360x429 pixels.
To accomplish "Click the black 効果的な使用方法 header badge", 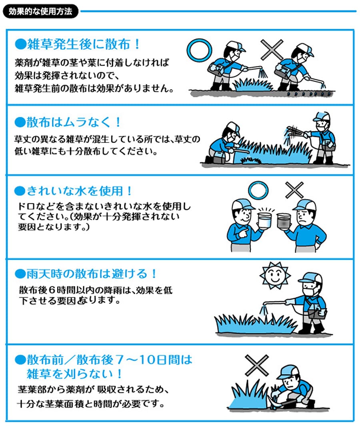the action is coord(40,12).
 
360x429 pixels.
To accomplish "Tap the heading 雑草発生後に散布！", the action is coord(78,44).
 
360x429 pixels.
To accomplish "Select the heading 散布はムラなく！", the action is coord(68,122).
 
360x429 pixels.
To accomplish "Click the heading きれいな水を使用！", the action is coord(74,191).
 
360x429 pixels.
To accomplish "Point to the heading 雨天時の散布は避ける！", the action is coord(86,274).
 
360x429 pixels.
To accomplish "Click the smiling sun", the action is coord(274,275).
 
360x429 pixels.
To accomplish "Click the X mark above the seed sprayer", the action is coord(272,50).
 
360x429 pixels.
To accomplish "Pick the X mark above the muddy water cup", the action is coord(294,190).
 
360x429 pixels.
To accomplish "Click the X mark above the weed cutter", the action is coord(256,365).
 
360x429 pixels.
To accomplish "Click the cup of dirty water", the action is coord(284,221).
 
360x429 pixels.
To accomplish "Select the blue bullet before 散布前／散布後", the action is coord(20,360).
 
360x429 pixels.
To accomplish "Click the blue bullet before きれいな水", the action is coord(20,191).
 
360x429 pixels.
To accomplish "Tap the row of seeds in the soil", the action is coord(308,94).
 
